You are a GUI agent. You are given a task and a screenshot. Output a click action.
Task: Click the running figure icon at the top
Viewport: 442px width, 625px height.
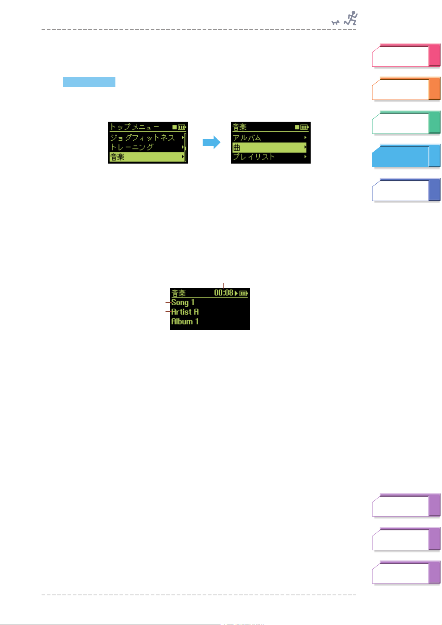(351, 18)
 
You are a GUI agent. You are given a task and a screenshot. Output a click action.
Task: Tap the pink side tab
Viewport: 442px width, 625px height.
(406, 56)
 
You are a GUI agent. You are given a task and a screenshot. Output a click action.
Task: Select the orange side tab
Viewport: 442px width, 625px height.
(406, 89)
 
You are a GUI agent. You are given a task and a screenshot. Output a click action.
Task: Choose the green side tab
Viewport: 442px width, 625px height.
(406, 122)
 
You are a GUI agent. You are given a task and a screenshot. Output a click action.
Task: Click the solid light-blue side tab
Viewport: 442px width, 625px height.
(406, 156)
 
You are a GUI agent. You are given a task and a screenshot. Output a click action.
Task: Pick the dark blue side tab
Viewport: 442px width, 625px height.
(406, 190)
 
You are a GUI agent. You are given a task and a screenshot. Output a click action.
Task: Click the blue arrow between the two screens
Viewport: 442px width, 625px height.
(212, 142)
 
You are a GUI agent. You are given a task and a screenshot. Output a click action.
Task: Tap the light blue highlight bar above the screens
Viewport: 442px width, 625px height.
(89, 82)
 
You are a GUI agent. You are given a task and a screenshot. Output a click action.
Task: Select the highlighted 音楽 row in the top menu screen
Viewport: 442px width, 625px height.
(147, 157)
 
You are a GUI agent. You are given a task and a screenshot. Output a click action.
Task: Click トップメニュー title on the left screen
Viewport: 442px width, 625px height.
(135, 127)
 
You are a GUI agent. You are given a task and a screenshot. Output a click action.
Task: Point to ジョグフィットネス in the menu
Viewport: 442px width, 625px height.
(143, 138)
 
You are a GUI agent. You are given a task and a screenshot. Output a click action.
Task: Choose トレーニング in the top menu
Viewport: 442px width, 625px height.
(132, 147)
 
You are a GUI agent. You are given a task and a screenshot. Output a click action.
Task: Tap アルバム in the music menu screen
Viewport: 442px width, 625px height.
(247, 138)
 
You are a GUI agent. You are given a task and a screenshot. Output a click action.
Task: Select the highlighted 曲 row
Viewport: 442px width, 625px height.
(269, 148)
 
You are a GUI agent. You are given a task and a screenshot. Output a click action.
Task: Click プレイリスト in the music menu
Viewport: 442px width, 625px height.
(254, 157)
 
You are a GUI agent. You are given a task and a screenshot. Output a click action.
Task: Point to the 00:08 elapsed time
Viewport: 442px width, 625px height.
(223, 293)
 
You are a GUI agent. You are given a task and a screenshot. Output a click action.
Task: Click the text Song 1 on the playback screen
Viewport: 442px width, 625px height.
(183, 303)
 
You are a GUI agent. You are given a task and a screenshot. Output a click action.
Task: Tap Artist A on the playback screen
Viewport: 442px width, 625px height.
(185, 312)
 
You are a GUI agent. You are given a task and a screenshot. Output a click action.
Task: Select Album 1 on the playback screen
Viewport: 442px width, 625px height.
(185, 322)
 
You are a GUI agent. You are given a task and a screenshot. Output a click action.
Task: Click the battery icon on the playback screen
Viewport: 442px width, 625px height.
(243, 293)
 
